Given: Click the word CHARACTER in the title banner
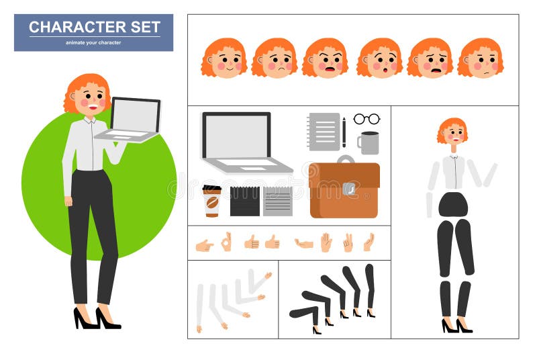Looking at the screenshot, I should click(x=69, y=28).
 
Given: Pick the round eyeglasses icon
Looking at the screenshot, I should click(x=367, y=119).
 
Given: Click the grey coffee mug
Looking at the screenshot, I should click(x=369, y=143).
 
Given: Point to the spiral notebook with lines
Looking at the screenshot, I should click(x=324, y=131).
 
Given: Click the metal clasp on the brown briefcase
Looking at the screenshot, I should click(x=348, y=189).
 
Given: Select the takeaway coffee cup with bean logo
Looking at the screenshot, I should click(x=211, y=201).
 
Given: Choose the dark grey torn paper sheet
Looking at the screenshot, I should click(x=244, y=201).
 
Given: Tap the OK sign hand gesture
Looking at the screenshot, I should click(x=226, y=241).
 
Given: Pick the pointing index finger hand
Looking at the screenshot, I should click(x=204, y=245).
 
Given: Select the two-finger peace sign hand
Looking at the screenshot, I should click(x=348, y=242).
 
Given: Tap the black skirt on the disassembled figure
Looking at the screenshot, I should click(x=453, y=204).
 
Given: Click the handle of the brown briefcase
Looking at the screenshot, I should click(x=345, y=159).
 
